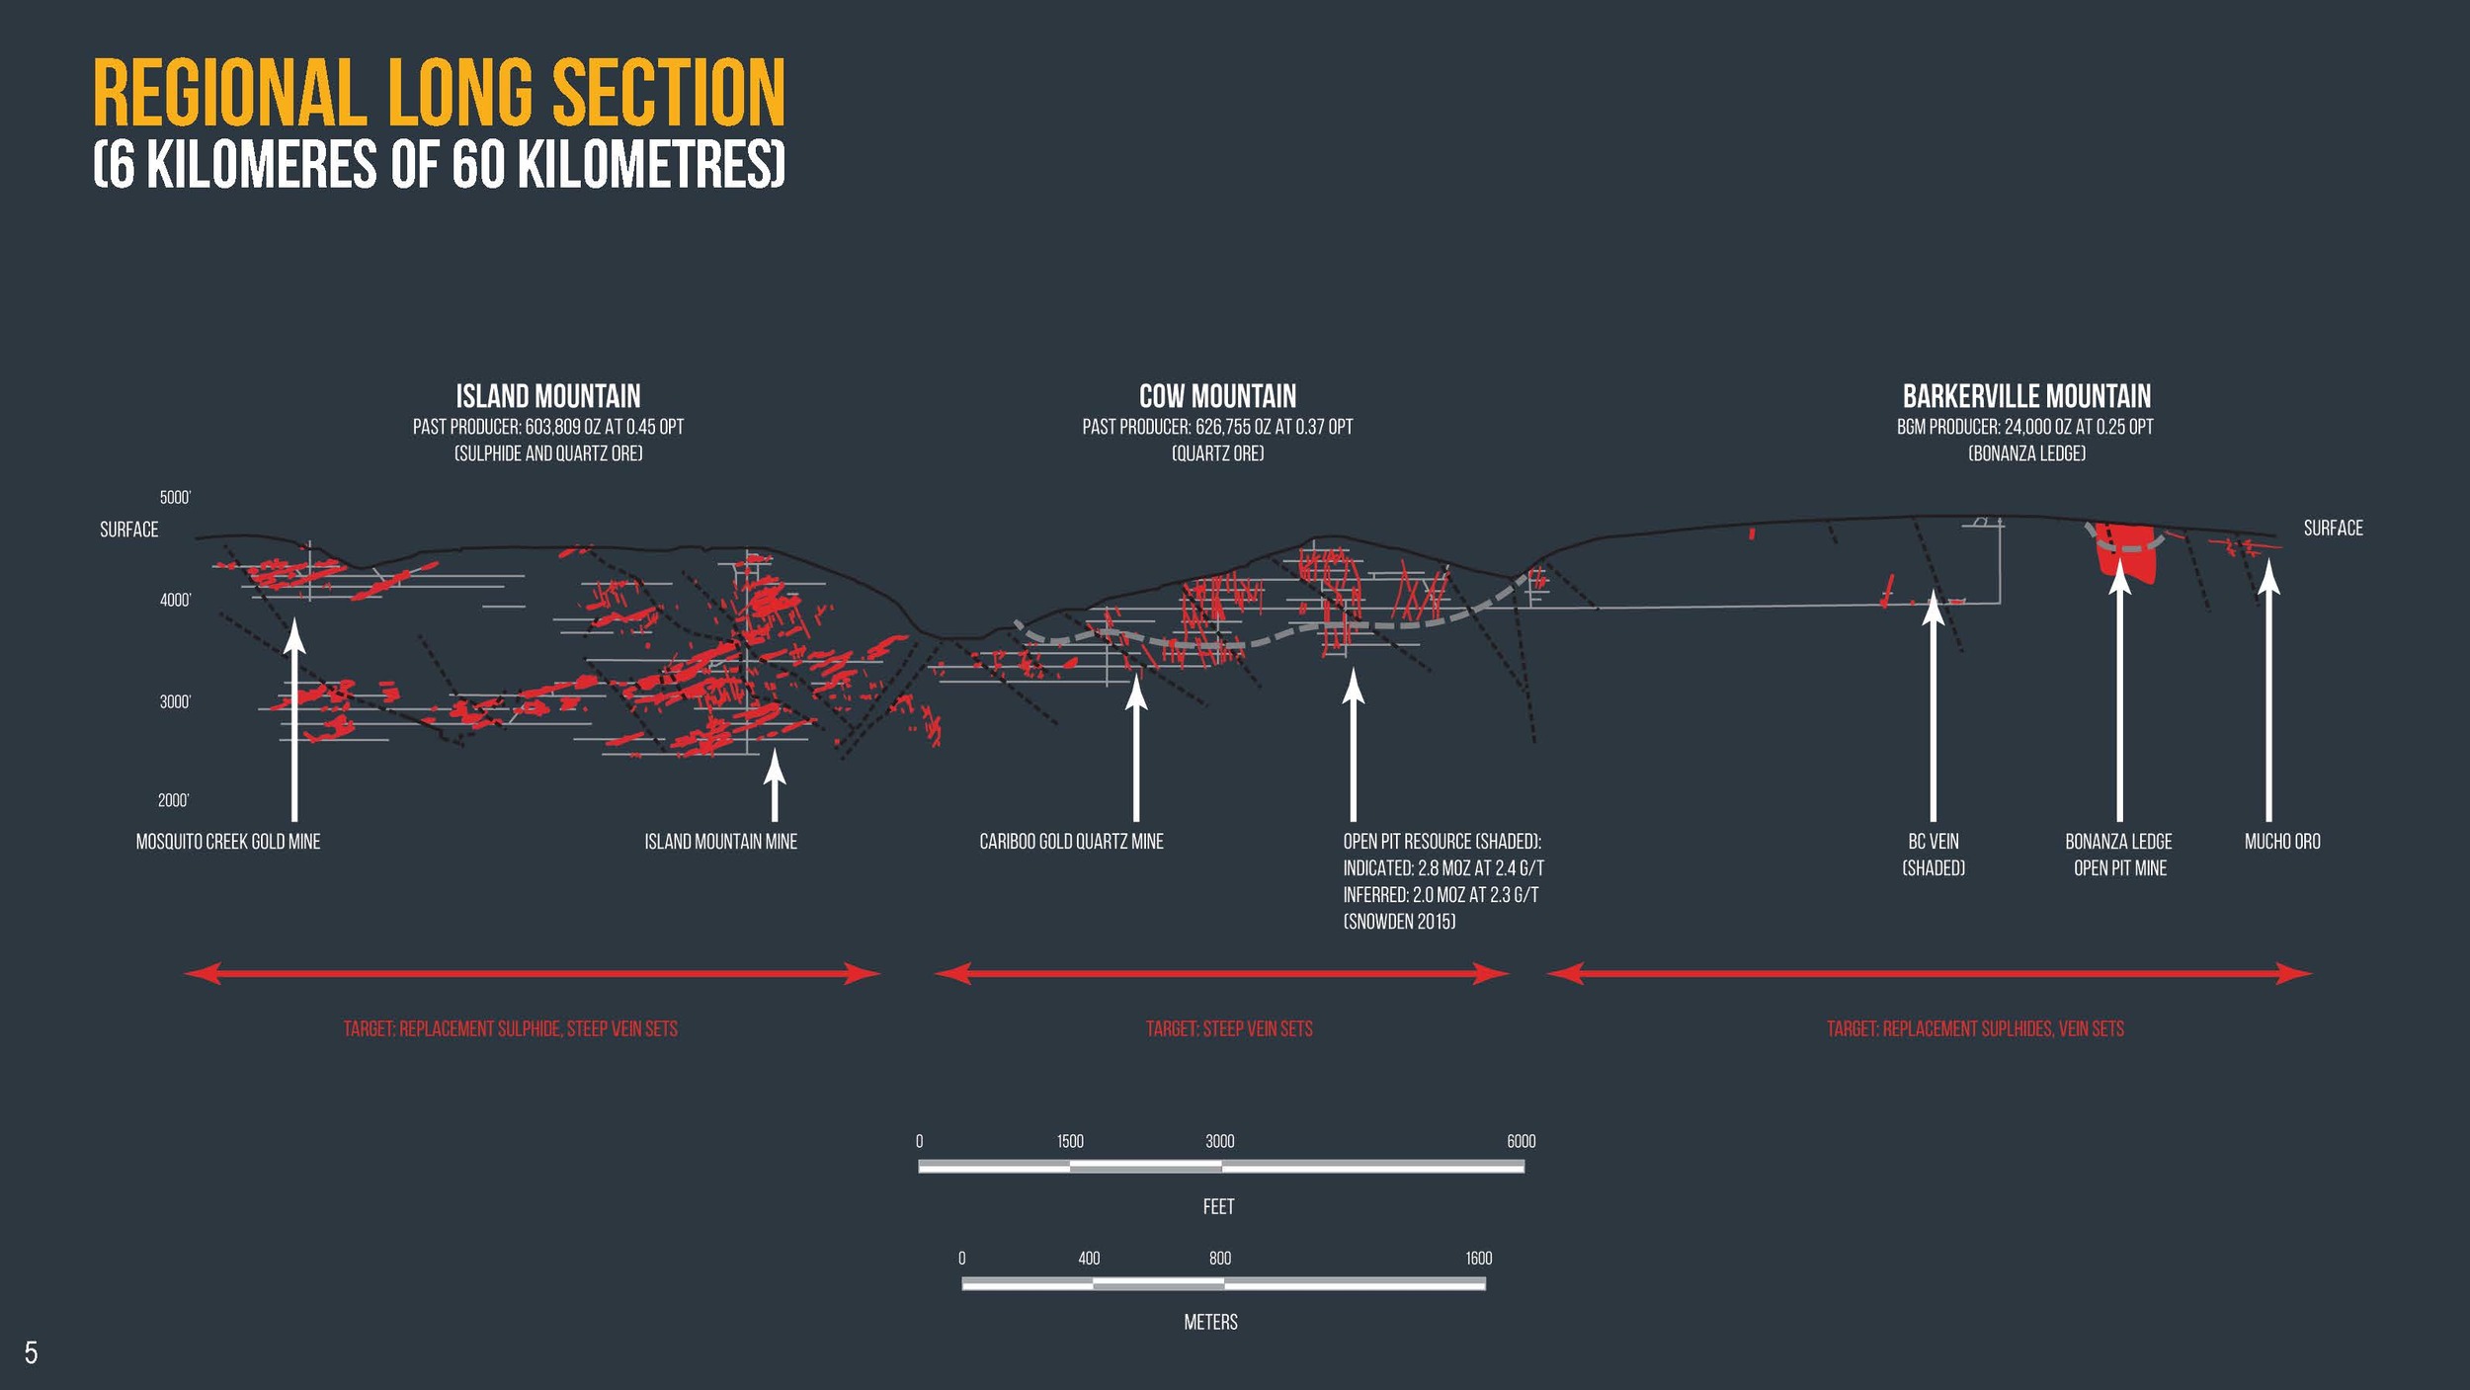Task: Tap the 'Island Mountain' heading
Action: coord(548,397)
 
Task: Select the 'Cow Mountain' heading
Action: coord(1217,397)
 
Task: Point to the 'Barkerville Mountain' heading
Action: coord(2026,397)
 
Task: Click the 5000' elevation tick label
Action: coord(175,498)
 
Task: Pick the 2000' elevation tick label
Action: coord(174,800)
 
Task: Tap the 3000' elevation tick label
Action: coord(175,702)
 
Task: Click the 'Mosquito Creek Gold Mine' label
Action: coord(228,842)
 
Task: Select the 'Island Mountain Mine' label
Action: coord(720,842)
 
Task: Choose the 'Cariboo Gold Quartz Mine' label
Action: coord(1071,842)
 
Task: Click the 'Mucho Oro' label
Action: coord(2282,842)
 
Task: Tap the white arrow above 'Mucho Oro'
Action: coord(2268,692)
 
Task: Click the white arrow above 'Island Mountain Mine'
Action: coord(775,785)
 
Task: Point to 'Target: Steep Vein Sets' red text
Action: coord(1229,1029)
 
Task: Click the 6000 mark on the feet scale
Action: coord(1521,1142)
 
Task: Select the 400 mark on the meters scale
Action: coord(1089,1259)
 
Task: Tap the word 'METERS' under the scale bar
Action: coord(1210,1323)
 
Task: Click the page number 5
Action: coord(32,1352)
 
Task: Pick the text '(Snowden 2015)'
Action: coord(1399,922)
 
